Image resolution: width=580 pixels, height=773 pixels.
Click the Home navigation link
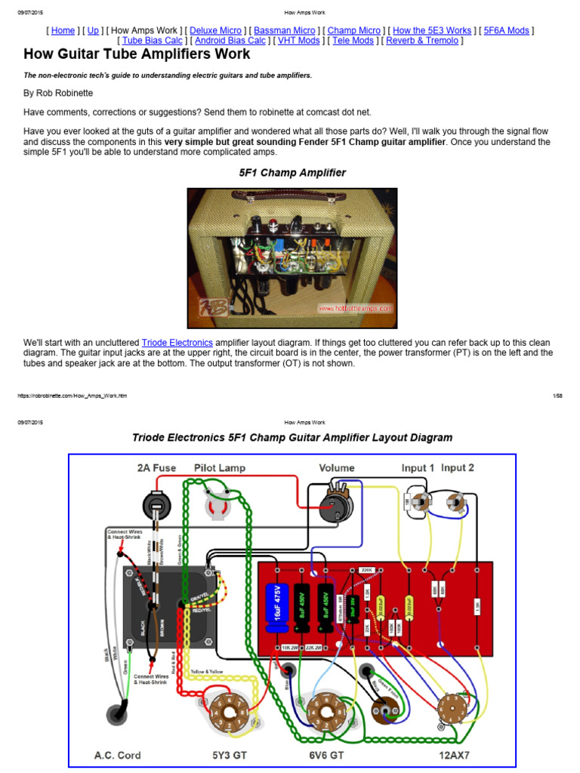63,31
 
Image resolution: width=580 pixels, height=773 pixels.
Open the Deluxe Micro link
215,31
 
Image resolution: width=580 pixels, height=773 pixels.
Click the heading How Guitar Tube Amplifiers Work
137,55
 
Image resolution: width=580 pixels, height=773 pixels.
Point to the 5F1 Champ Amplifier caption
292,173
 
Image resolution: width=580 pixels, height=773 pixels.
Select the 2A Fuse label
156,468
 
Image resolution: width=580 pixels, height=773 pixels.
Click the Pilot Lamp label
220,468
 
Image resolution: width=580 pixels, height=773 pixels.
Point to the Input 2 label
458,468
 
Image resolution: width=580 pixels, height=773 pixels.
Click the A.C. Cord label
117,754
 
